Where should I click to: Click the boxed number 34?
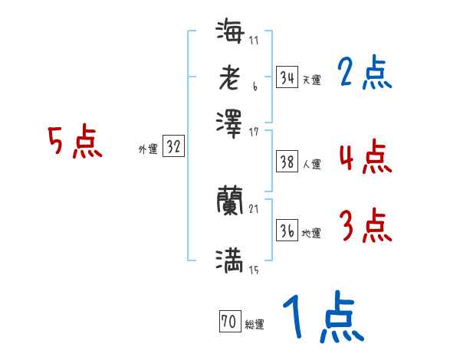[x=286, y=77]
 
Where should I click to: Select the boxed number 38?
[x=286, y=162]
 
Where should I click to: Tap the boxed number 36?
[x=286, y=231]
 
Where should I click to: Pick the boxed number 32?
[x=173, y=148]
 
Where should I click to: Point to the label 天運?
[x=311, y=80]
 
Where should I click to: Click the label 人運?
[x=311, y=164]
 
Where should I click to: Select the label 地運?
[x=311, y=234]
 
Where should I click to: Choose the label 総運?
[x=255, y=325]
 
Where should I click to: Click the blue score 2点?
[x=364, y=73]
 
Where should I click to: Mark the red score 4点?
[x=364, y=157]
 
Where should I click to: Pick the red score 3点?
[x=364, y=226]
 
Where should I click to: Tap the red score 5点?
[x=75, y=142]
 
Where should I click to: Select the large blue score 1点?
[x=322, y=318]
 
